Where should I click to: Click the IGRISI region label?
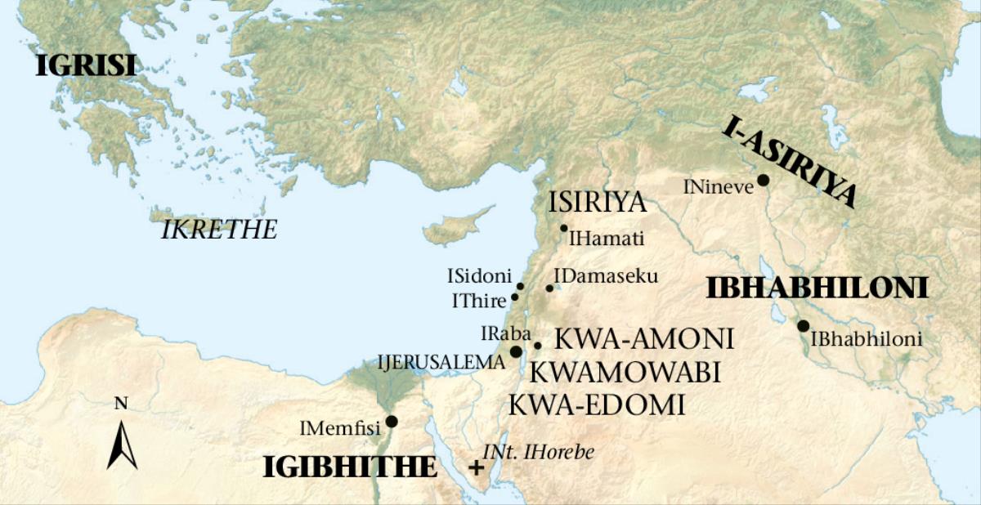(x=85, y=65)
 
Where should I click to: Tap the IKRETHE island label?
(x=219, y=230)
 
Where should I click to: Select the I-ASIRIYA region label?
(x=790, y=162)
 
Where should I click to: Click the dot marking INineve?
(x=763, y=181)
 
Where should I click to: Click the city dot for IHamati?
(x=563, y=228)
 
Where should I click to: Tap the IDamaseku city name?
(x=606, y=276)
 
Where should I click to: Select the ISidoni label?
(x=478, y=276)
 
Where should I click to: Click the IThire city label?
(x=479, y=301)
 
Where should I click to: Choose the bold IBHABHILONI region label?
(x=817, y=288)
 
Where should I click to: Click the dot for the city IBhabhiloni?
(x=803, y=326)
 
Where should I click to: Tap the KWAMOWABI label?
(x=625, y=373)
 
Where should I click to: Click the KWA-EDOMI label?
(x=597, y=404)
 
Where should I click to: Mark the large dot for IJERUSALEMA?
(x=516, y=351)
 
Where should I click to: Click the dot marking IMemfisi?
(x=392, y=422)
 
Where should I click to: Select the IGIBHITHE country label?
(x=349, y=467)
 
